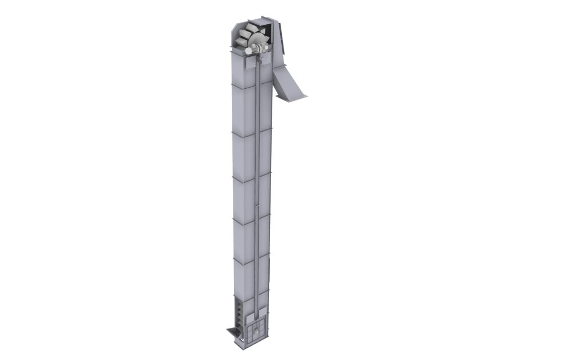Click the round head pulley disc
point(259,39)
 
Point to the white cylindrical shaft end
point(248,51)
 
